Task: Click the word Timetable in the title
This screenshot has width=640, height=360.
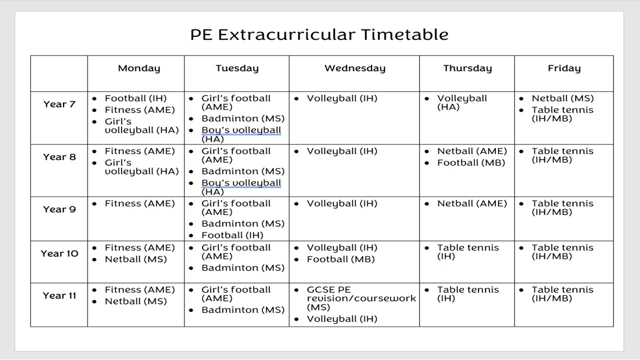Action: click(404, 34)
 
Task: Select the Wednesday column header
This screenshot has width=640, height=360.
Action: click(355, 68)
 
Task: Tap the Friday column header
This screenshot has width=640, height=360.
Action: click(564, 68)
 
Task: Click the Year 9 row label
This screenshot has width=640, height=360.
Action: click(59, 209)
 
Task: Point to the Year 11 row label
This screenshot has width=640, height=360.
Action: click(59, 295)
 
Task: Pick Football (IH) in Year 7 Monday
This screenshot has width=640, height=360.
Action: click(135, 98)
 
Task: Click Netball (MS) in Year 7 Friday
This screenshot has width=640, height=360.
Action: click(562, 98)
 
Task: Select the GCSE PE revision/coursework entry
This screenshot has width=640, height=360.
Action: click(361, 298)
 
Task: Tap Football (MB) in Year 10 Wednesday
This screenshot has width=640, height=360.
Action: click(340, 259)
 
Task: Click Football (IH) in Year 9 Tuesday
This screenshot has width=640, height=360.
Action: click(232, 235)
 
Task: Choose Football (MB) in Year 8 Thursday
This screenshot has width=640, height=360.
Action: click(471, 163)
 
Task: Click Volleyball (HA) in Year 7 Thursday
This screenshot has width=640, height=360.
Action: click(462, 102)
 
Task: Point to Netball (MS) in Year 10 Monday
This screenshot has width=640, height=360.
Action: click(135, 259)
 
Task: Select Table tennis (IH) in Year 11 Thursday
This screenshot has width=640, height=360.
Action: click(468, 294)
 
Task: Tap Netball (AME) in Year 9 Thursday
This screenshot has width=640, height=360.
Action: click(472, 203)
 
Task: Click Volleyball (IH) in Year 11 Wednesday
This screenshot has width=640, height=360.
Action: click(342, 319)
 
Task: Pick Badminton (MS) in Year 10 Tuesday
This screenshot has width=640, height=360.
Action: click(243, 268)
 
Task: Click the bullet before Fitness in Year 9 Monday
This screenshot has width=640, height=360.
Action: click(94, 204)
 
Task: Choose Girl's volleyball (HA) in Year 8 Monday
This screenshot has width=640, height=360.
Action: click(141, 167)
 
